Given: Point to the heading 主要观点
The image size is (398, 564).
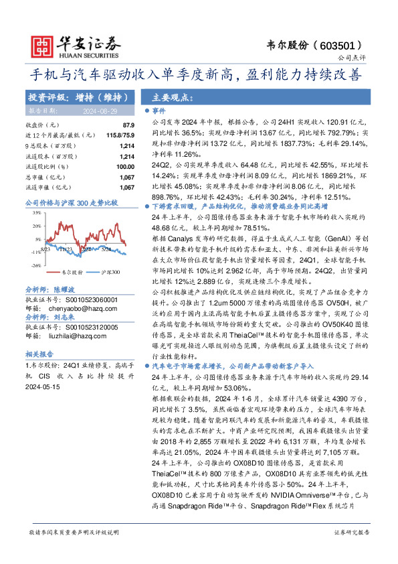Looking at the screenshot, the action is [x=172, y=96].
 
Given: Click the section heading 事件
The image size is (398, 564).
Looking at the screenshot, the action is [x=159, y=110].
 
